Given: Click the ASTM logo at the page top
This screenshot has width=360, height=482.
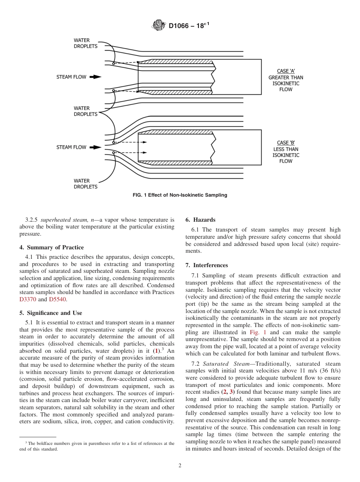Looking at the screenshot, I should click(159, 26).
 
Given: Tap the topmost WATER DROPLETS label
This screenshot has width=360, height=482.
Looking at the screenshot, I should click(85, 43).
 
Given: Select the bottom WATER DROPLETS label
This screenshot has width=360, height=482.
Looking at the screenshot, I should click(85, 184).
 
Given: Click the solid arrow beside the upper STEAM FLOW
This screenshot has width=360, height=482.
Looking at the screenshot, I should click(97, 77).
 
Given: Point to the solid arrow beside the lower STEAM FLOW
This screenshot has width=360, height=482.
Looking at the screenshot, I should click(97, 147).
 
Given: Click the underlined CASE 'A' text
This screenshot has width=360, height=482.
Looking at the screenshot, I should click(286, 71).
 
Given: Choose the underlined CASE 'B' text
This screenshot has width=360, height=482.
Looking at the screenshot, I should click(286, 143).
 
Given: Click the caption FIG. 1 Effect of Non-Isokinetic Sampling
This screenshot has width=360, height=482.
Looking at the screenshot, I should click(180, 195).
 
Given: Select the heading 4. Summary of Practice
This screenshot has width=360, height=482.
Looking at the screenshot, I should click(52, 247).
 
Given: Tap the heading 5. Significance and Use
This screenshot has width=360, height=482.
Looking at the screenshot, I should click(51, 313).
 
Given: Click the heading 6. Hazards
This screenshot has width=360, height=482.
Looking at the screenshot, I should click(200, 220).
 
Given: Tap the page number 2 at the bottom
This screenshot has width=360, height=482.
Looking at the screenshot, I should click(180, 466).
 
